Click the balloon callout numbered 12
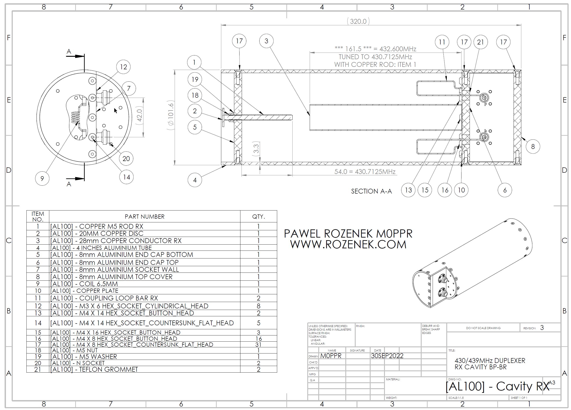123,67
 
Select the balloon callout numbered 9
42,178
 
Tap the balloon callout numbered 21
480,42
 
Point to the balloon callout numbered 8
533,146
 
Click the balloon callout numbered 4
195,180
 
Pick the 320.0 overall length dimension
358,21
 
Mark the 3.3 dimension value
256,149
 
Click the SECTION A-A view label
371,191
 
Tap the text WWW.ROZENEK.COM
348,245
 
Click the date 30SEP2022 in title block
387,356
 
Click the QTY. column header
259,217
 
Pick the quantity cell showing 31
258,344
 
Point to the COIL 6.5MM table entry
99,284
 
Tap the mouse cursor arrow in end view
115,111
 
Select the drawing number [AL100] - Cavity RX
498,386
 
